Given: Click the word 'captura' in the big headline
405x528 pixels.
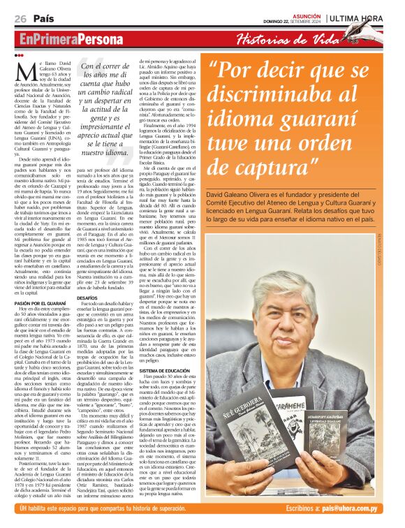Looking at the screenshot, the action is (x=268, y=167).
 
